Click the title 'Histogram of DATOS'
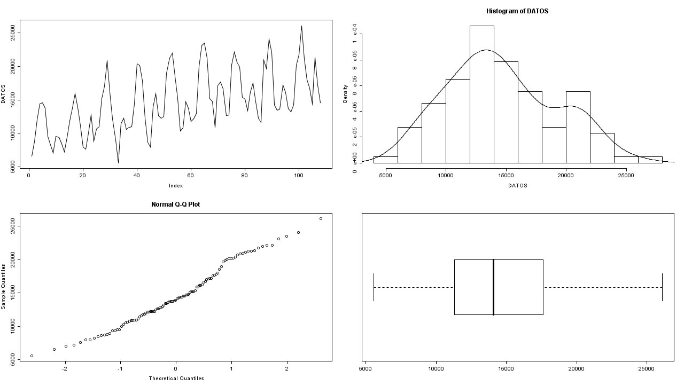[x=517, y=11]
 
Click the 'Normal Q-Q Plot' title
[x=175, y=204]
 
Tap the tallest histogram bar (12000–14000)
[x=481, y=94]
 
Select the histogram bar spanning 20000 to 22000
[x=578, y=127]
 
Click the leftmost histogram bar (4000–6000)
[x=385, y=160]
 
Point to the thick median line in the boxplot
[x=493, y=287]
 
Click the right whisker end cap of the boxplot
[x=662, y=287]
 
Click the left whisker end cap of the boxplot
[x=374, y=287]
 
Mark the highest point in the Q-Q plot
[x=321, y=218]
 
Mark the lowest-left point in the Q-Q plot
[x=32, y=356]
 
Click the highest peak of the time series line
[x=301, y=26]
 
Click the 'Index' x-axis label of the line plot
[x=175, y=186]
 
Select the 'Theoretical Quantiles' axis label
[x=176, y=379]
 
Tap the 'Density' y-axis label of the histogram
[x=345, y=94]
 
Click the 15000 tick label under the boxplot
[x=506, y=368]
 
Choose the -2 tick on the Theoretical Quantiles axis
[x=65, y=368]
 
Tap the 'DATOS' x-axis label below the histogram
[x=517, y=186]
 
